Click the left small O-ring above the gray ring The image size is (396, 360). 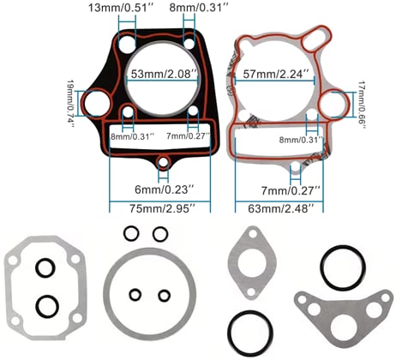pyautogui.click(x=130, y=233)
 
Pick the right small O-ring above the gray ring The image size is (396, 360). pyautogui.click(x=159, y=233)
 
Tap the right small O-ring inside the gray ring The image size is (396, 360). pyautogui.click(x=163, y=294)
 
